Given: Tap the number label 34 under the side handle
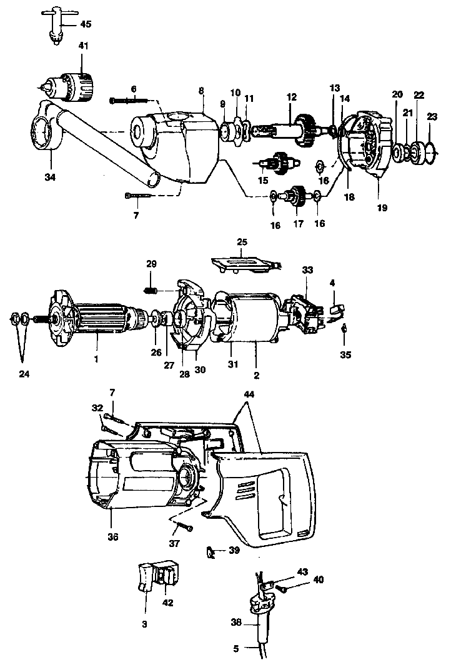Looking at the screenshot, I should [50, 178].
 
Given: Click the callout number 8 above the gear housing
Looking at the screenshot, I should [201, 91].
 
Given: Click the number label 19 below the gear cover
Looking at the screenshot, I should [381, 207].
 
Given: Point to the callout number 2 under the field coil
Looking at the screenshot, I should [257, 376].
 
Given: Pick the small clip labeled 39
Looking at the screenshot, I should [211, 552].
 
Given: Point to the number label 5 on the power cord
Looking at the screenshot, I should [235, 648].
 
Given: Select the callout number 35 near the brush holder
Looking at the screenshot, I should [345, 354].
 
